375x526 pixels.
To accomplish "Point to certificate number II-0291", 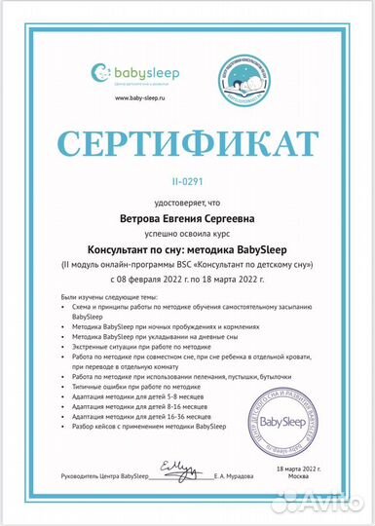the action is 187,181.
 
